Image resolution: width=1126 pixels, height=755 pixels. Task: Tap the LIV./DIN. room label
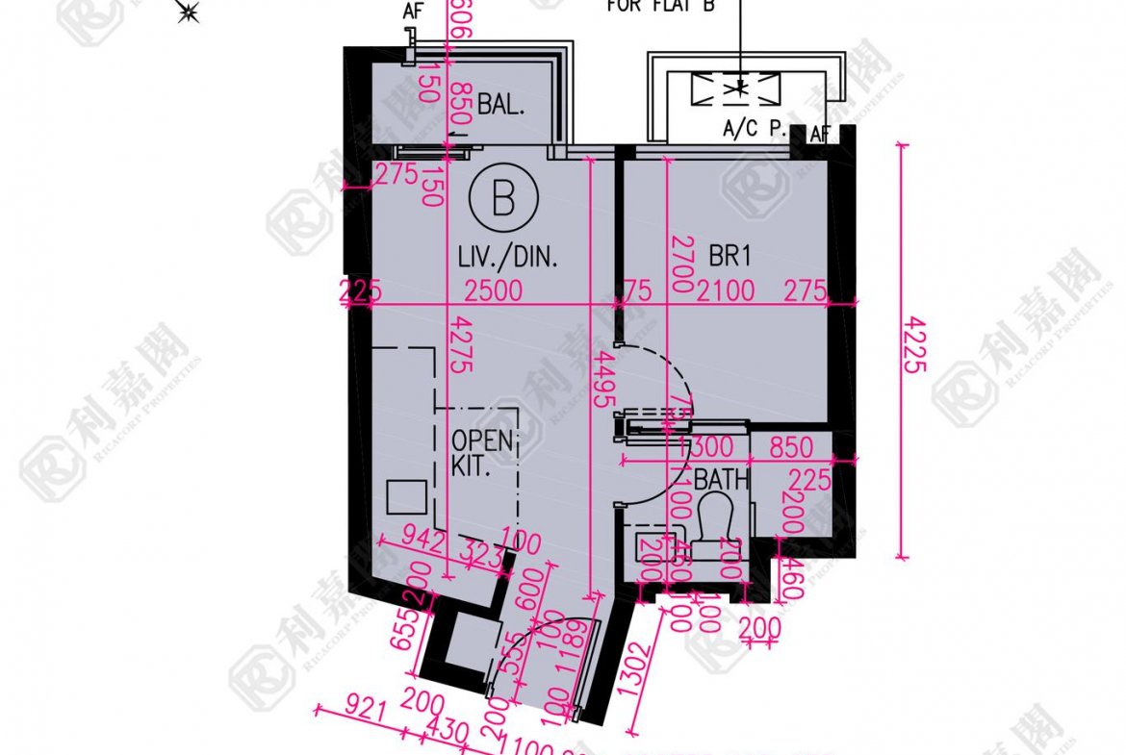point(509,257)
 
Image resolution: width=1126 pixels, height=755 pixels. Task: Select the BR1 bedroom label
point(729,256)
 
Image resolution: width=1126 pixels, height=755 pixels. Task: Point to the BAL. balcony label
point(500,104)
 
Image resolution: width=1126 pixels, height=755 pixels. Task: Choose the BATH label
point(722,478)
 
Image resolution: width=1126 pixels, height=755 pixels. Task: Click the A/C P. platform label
point(755,127)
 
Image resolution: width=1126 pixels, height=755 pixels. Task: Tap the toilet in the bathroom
point(714,523)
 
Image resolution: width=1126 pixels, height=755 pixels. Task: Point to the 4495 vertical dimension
point(605,381)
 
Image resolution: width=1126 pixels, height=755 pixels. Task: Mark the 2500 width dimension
point(493,289)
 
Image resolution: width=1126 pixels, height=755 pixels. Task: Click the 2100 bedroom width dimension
point(727,289)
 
